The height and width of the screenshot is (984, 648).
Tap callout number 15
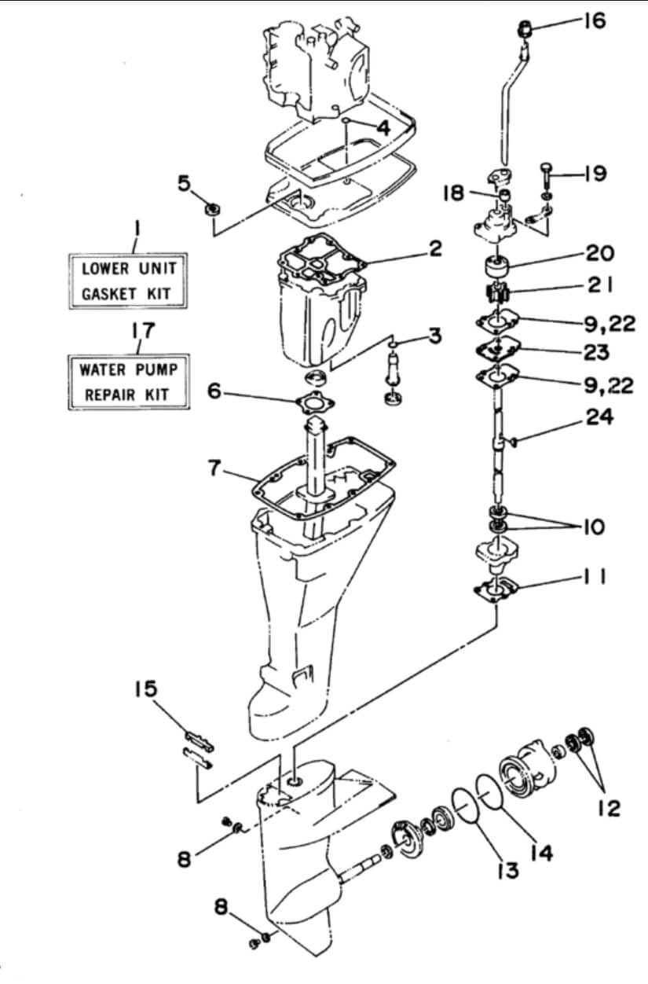coord(145,689)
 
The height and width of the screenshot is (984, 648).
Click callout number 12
coord(608,807)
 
